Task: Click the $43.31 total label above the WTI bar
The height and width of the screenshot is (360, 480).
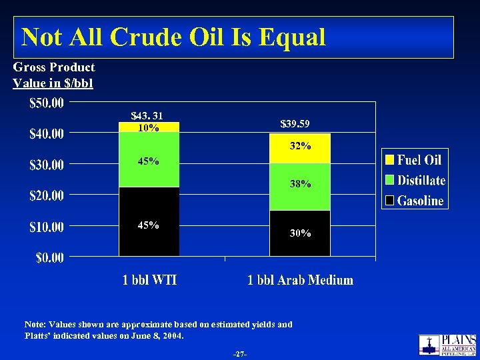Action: [147, 117]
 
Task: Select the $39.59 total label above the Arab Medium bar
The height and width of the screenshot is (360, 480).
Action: [295, 124]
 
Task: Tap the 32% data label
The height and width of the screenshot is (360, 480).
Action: [301, 146]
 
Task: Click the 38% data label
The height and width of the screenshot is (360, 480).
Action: [301, 184]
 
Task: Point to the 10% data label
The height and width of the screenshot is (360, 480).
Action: [148, 128]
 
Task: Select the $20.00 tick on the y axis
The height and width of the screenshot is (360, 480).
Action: [47, 196]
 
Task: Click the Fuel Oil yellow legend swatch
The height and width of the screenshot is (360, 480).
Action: [390, 160]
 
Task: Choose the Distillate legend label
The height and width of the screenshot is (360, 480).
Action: [421, 180]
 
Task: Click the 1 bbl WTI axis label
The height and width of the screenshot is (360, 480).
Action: [149, 280]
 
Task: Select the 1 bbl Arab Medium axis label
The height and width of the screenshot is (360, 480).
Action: [300, 280]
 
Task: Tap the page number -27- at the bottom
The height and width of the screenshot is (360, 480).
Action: [240, 353]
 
